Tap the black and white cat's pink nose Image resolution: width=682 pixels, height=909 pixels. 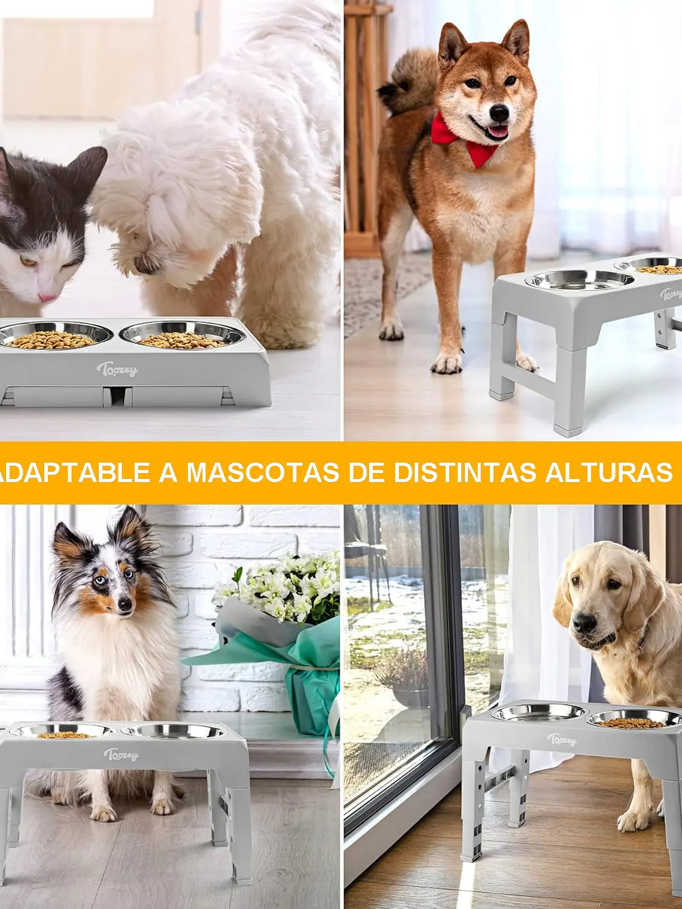coord(47,297)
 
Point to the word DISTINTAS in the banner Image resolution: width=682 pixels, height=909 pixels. coord(464,472)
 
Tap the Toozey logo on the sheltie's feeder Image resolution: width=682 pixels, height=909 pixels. coord(120,755)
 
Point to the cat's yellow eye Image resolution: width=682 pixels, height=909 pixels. coord(26,261)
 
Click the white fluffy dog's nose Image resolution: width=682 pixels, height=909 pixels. coord(142,265)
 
